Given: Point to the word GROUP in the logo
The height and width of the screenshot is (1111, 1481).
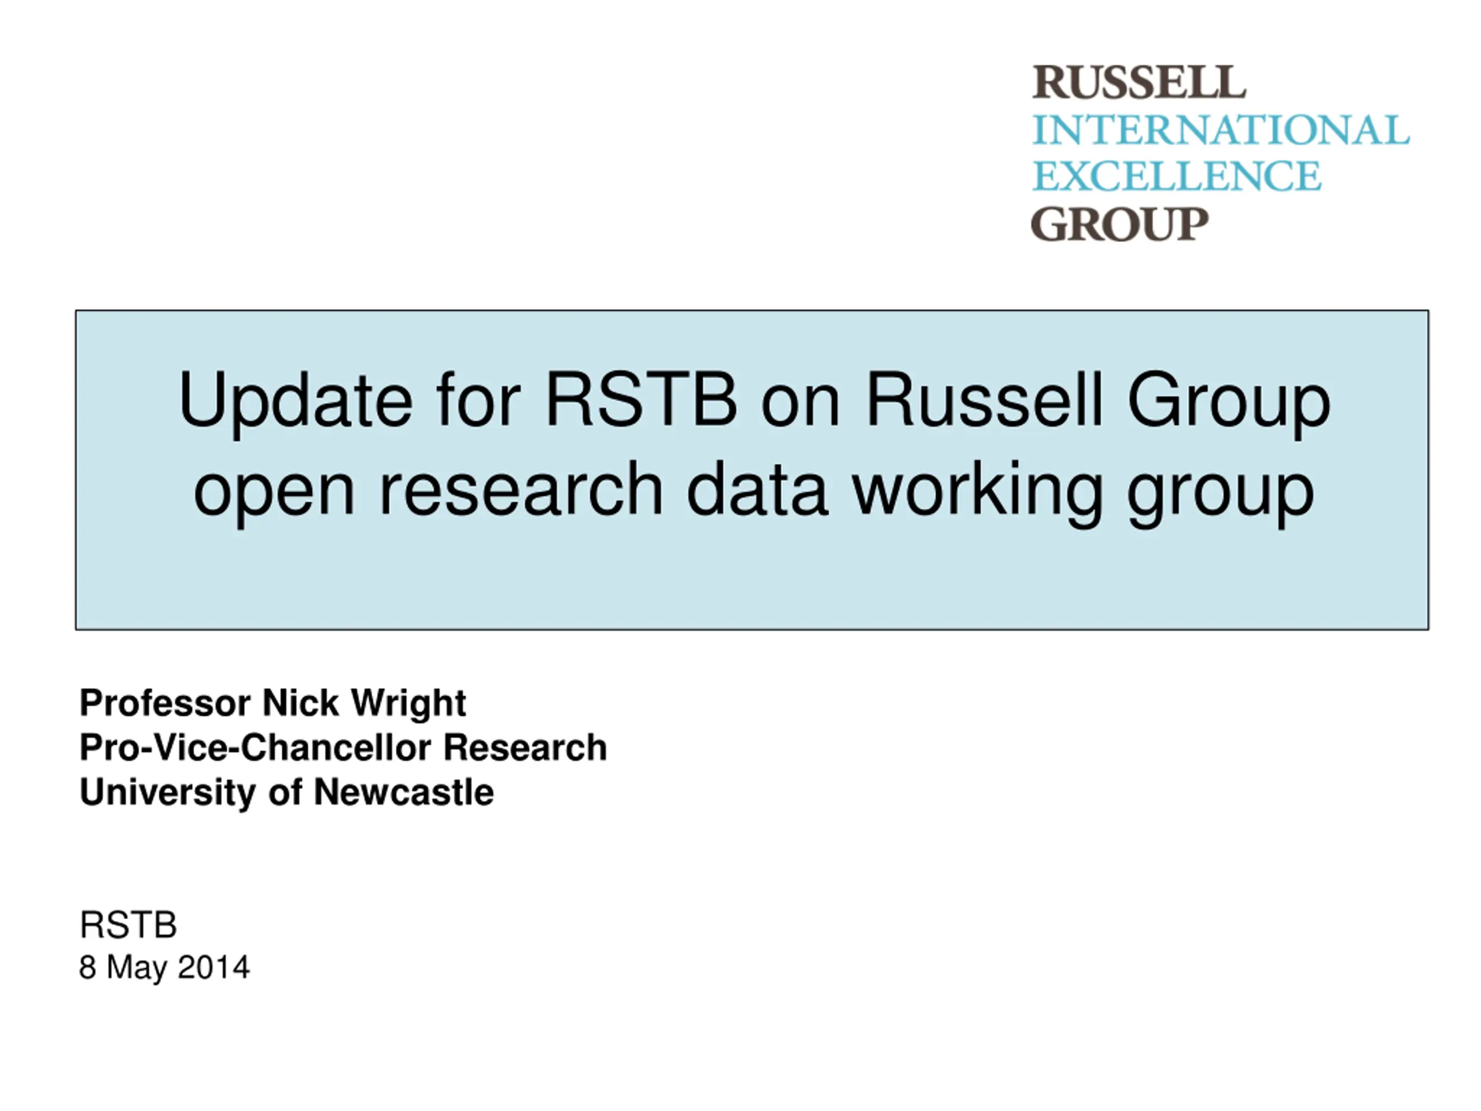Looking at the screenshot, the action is click(x=1119, y=224).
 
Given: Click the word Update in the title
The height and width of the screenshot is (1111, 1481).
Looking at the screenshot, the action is click(x=295, y=401).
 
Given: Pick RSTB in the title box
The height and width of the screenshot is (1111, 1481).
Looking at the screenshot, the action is click(x=642, y=399).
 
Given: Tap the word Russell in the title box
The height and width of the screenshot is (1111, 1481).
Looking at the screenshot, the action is click(x=984, y=399).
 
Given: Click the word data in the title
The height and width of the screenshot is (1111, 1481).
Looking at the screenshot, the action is click(x=758, y=488).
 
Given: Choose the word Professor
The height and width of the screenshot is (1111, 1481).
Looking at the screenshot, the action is click(x=165, y=703).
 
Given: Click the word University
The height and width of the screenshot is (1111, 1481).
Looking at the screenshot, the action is click(x=167, y=793).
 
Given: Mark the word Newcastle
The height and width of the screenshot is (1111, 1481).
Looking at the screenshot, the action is click(x=404, y=792).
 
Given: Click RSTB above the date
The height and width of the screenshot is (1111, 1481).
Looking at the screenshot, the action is click(x=128, y=925).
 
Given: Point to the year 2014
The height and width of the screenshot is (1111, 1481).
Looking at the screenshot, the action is click(x=213, y=967).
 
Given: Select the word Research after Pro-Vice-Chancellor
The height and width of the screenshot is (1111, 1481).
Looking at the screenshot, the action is click(x=525, y=748).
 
